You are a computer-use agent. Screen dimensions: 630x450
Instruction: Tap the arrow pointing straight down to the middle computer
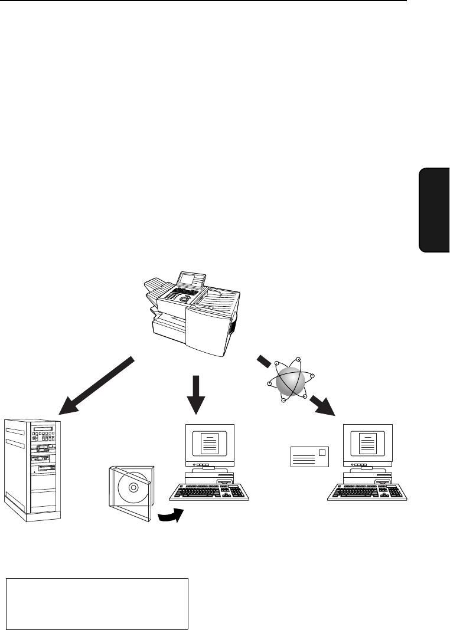(195, 395)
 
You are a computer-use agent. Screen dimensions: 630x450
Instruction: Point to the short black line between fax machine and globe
(263, 360)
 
